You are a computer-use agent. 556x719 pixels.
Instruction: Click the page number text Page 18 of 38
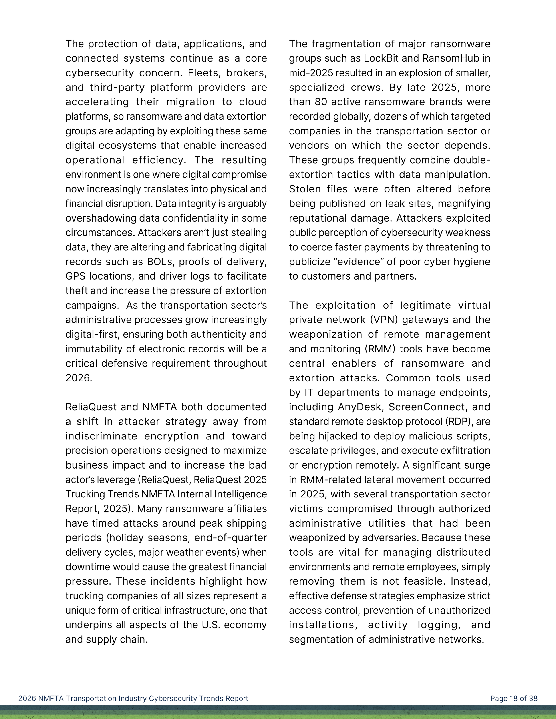[514, 699]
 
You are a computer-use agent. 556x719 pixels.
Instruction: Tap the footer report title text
[133, 699]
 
